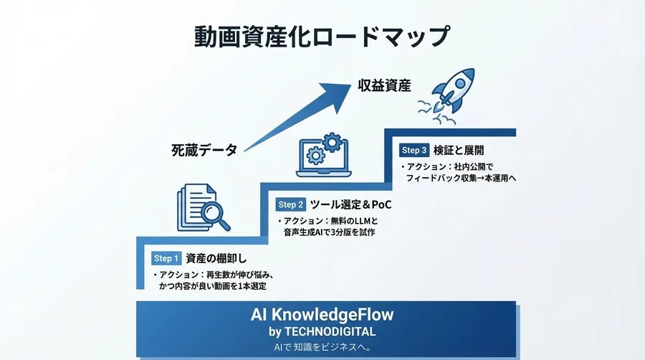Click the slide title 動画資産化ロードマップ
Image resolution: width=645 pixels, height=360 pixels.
(322, 37)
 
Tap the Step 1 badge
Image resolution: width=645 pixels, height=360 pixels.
(165, 258)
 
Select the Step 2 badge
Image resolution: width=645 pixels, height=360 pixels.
(291, 205)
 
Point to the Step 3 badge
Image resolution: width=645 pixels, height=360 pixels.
(414, 151)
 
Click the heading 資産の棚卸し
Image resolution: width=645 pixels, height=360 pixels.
(216, 258)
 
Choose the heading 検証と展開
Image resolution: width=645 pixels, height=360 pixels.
(459, 151)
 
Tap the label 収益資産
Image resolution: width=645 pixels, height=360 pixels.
(384, 86)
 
